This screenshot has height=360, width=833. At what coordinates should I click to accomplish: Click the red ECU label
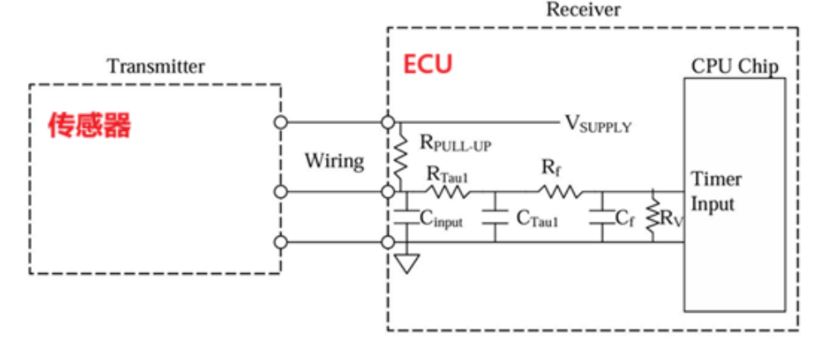coord(428,65)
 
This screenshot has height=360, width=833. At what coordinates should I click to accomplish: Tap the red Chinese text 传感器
coord(89,126)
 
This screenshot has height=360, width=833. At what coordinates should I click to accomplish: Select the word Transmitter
coord(156,67)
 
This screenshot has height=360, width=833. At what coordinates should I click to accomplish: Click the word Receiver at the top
coord(583,9)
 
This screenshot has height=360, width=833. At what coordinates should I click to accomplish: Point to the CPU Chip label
coord(735,66)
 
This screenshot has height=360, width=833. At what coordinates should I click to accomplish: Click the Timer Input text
coord(715,192)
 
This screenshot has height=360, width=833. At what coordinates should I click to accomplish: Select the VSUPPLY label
coord(598,124)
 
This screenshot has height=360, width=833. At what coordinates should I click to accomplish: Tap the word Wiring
coord(334,161)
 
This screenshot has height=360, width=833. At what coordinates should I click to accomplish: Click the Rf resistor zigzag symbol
coord(560,191)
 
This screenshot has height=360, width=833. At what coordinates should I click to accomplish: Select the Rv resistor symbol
coord(653,218)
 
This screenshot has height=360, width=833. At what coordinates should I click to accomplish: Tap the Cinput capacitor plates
coord(406,218)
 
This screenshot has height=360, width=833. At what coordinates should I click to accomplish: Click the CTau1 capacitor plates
coord(495,218)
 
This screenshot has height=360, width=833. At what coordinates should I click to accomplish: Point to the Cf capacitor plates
coord(602,218)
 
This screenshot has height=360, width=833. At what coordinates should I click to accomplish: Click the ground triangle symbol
coord(407,263)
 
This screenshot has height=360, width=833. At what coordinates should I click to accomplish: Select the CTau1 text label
coord(538,218)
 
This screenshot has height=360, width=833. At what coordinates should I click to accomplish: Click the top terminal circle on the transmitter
coord(280,122)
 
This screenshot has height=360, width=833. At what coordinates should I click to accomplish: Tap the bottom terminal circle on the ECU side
coord(388,242)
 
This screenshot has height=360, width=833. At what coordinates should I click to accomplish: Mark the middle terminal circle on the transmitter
coord(280,191)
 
